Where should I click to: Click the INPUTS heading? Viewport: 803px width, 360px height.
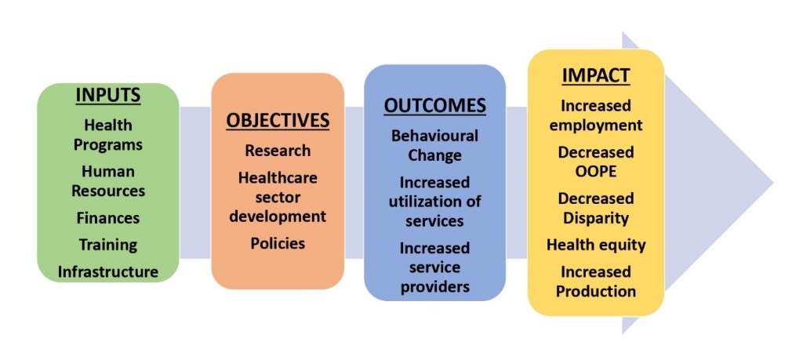pos(108,96)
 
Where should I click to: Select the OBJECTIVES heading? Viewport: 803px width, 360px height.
pos(278,121)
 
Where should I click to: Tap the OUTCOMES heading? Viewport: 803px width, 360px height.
pos(434,106)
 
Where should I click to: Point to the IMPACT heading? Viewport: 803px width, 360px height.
pos(595,76)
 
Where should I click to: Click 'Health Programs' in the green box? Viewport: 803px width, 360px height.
pos(108,135)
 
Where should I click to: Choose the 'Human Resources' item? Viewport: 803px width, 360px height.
pos(108,180)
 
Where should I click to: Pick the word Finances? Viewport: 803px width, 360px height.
pos(108,218)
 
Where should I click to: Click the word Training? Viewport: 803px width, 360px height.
pos(108,245)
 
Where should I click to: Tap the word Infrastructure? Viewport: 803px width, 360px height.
pos(108,272)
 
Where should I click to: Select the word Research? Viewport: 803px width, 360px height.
pos(278,151)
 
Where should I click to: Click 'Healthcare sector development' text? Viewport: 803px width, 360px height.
pos(278,196)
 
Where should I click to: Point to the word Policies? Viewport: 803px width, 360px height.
pos(278,243)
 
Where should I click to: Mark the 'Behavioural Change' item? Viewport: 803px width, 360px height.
pos(434,145)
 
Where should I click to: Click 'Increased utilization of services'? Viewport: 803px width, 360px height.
pos(434,202)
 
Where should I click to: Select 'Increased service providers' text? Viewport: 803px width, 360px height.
pos(434,267)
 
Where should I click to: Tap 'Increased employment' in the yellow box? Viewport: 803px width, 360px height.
pos(595,115)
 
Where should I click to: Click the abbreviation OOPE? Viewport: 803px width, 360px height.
pos(595,171)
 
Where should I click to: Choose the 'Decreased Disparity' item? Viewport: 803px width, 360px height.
pos(595,208)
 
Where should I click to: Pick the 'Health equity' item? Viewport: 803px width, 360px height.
pos(595,245)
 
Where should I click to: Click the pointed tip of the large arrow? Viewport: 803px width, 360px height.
pos(772,184)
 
